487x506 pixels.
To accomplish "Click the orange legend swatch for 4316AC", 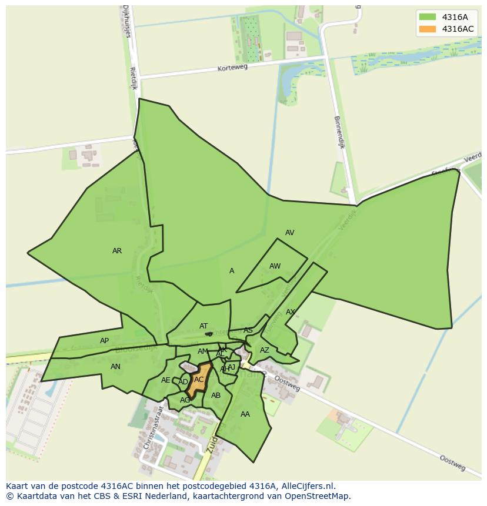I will (x=428, y=29).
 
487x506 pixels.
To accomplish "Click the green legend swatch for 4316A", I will (x=428, y=17).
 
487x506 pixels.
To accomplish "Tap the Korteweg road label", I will (x=233, y=68).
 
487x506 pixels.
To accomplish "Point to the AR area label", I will (x=117, y=251).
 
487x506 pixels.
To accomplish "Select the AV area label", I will (x=289, y=233).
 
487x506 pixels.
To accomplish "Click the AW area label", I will (x=275, y=266).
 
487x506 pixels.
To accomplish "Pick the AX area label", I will (x=291, y=312).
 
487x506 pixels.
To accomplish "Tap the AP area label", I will (x=104, y=341).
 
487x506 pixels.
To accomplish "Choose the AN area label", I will (x=115, y=367).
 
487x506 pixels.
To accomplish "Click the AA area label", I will (x=245, y=414).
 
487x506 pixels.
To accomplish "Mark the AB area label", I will (x=216, y=396).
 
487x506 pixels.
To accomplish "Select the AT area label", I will (x=204, y=326).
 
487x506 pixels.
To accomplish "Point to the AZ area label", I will (x=265, y=350).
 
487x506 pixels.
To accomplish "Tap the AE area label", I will (x=165, y=380).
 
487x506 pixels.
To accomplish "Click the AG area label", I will (x=185, y=400).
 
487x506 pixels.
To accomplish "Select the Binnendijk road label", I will (x=339, y=132).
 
